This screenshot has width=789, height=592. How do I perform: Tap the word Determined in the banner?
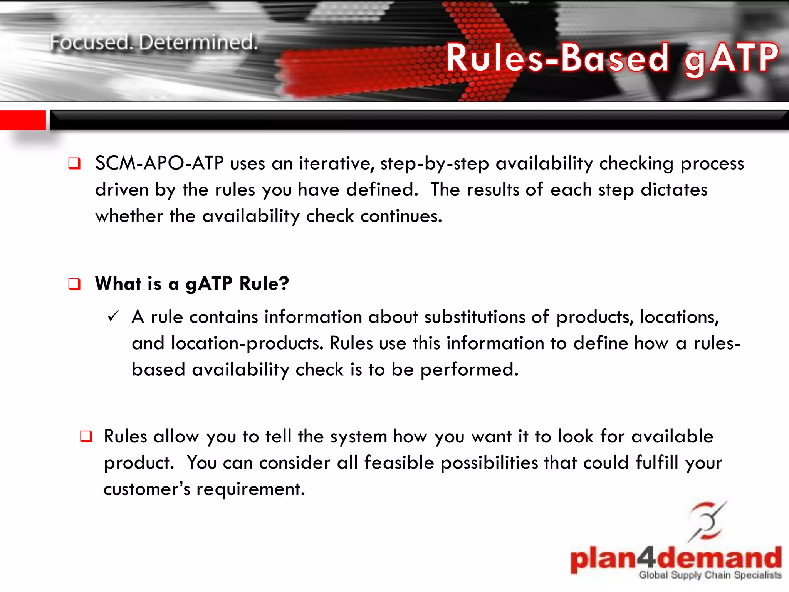(x=198, y=42)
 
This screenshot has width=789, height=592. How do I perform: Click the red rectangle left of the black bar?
(x=23, y=120)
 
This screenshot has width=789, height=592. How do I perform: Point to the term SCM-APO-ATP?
(x=159, y=163)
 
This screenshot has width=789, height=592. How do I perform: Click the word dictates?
(x=674, y=190)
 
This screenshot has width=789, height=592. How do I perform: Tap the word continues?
(x=401, y=216)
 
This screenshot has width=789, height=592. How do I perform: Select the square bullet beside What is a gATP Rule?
(x=74, y=284)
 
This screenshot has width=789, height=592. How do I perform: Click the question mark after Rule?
(x=284, y=283)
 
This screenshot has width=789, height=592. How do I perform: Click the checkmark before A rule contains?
(x=114, y=316)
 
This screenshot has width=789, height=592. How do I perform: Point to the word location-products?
(x=247, y=343)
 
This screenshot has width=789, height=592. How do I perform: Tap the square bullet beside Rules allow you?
(x=86, y=436)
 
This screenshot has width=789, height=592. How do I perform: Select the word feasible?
(x=399, y=462)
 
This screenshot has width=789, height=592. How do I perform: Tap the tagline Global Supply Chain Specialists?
(x=710, y=575)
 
